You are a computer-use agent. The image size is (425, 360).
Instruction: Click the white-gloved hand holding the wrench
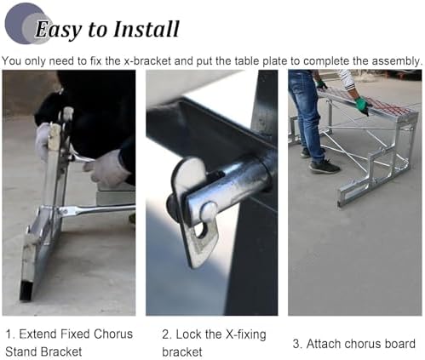(x=109, y=168)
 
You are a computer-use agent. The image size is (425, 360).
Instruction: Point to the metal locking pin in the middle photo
(x=204, y=197)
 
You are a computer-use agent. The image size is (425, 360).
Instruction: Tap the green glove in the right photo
(x=362, y=105)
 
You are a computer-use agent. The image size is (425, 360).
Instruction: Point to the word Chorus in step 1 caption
(x=112, y=334)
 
